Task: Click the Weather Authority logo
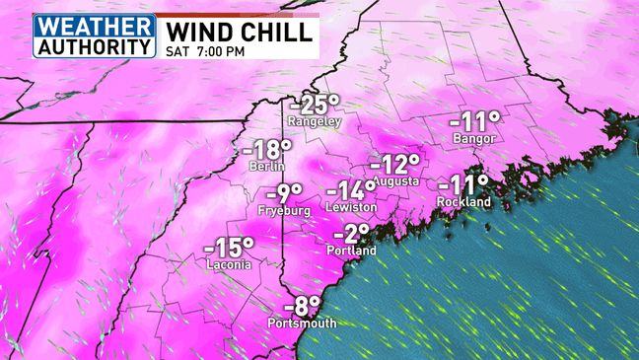(95, 36)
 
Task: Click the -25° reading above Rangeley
(314, 104)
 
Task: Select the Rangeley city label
(314, 121)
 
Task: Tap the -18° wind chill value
(266, 150)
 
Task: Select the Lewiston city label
(353, 208)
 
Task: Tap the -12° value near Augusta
(395, 164)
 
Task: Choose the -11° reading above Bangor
(475, 122)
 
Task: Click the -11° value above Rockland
(464, 184)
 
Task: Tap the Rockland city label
(464, 202)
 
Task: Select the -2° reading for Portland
(350, 234)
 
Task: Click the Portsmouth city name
(302, 323)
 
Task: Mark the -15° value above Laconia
(229, 248)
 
